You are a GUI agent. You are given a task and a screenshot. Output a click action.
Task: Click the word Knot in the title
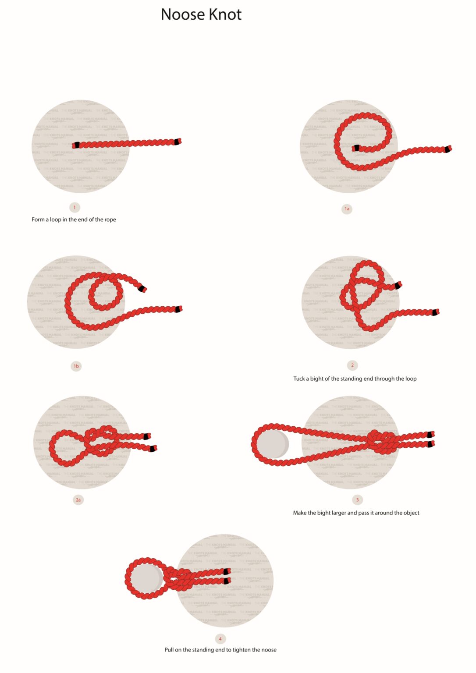coord(225,14)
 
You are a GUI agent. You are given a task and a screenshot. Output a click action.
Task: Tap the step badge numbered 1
coord(75,207)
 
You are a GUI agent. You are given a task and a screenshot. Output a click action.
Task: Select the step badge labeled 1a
coord(347,209)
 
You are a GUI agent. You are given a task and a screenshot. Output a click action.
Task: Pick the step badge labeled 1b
coord(76,366)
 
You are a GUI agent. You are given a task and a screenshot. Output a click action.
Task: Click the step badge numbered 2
coord(352,365)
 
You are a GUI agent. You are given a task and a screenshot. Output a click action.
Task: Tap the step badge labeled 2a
coord(78,499)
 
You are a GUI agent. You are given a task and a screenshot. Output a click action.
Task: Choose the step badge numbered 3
coord(357,499)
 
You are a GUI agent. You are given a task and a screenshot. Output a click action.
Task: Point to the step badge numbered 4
coord(220,638)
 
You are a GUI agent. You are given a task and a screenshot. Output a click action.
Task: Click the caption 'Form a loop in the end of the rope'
coord(74,220)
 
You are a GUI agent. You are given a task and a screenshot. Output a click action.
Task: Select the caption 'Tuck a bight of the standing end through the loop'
coord(355,379)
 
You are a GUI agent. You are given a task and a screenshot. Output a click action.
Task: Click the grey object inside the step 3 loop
coord(272,444)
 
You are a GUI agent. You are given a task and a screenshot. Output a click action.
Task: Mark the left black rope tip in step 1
coord(77,145)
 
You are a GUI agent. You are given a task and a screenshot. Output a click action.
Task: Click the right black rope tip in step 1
coord(178,142)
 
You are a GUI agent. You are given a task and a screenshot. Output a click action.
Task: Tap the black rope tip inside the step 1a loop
coord(356,148)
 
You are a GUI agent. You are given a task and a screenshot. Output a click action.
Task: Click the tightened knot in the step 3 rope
coord(380,440)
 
